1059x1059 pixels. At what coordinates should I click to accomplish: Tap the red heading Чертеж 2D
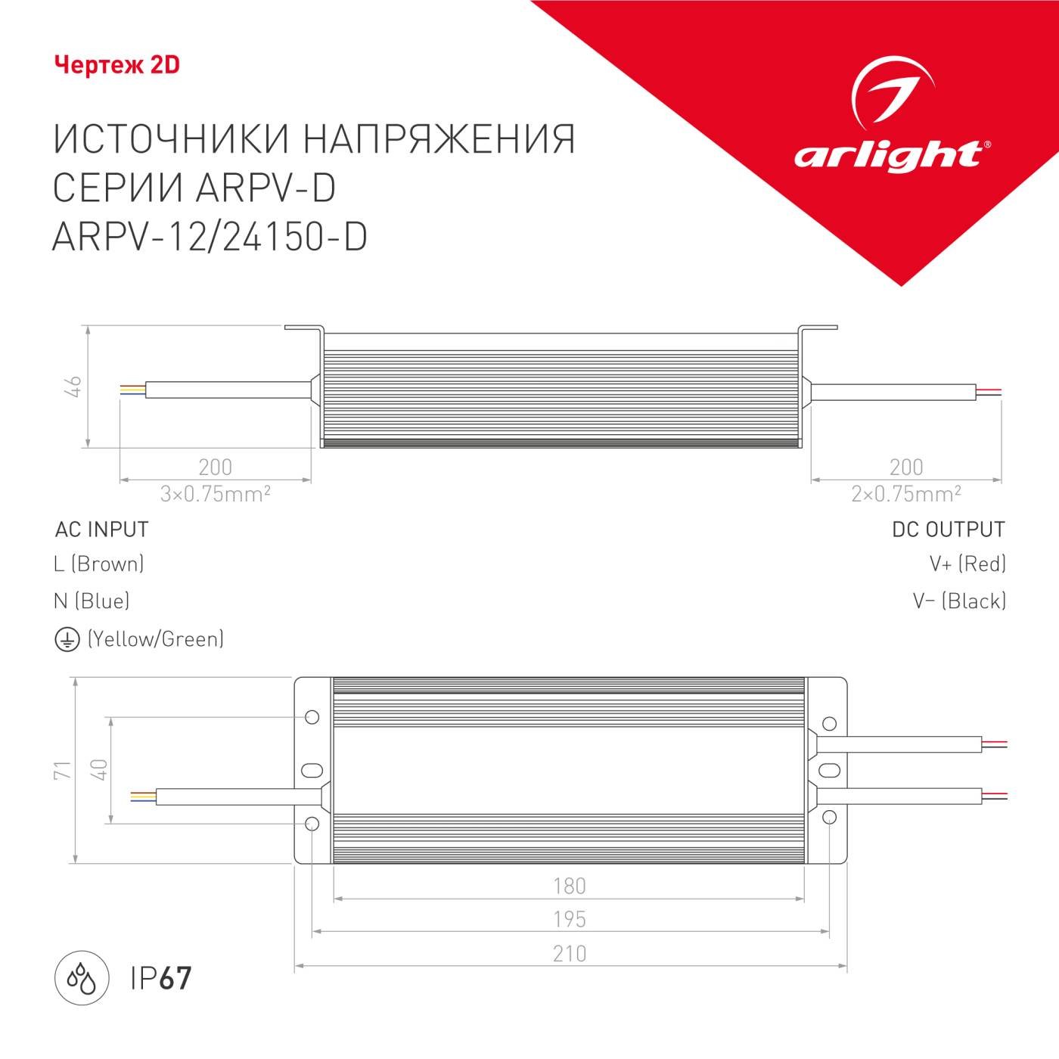point(117,65)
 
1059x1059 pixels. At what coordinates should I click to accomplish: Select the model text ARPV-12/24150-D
point(210,236)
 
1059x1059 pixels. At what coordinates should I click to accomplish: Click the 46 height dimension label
point(74,386)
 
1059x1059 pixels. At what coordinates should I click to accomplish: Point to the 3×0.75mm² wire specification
point(215,494)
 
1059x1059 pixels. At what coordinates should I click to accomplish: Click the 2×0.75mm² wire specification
point(905,494)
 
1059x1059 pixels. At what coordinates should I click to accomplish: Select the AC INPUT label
point(102,529)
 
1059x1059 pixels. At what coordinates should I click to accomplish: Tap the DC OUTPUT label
point(949,529)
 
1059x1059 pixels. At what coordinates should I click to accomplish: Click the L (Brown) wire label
point(99,564)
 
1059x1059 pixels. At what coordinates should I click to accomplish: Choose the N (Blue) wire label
point(92,601)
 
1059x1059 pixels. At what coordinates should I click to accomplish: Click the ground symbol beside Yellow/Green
point(67,640)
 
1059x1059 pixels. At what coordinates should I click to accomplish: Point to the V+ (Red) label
point(967,564)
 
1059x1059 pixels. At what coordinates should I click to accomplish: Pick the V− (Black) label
point(959,601)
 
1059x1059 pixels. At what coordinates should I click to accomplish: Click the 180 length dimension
point(569,886)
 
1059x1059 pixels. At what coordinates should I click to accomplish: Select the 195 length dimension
point(569,920)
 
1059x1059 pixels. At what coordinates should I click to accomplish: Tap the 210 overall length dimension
point(569,954)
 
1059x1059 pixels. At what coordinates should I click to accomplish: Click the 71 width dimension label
point(62,770)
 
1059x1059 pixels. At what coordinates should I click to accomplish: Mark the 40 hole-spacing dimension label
point(99,770)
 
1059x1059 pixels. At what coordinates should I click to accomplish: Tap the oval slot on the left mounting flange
point(312,770)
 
